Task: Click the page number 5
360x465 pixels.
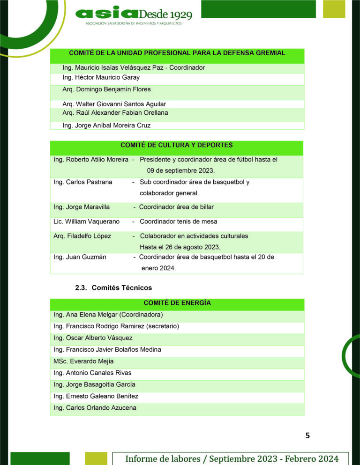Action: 307,435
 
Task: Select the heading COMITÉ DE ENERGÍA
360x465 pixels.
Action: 177,303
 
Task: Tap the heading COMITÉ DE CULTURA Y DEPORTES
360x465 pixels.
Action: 177,145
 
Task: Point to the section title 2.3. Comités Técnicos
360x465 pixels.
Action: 113,288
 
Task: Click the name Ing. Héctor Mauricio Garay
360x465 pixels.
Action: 101,77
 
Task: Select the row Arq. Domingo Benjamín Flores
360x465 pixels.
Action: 106,89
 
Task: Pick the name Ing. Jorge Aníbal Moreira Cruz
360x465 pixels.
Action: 106,125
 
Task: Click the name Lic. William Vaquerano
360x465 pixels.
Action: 86,221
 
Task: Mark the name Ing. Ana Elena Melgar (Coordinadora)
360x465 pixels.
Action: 108,315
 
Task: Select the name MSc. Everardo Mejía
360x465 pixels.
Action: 83,361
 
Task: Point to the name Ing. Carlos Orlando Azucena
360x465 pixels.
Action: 95,407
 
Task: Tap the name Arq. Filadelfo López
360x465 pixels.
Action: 82,236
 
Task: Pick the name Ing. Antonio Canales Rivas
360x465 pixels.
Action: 92,373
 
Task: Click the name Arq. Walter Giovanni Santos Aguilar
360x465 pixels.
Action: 114,104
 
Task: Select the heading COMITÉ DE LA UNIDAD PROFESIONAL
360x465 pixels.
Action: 177,53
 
